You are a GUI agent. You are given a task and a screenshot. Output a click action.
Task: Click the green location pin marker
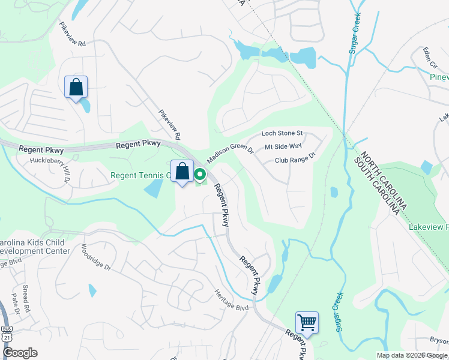pyautogui.click(x=199, y=175)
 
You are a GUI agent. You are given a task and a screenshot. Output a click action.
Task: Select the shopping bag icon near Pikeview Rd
pyautogui.click(x=76, y=88)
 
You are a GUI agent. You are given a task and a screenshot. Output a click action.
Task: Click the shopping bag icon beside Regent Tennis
pyautogui.click(x=182, y=172)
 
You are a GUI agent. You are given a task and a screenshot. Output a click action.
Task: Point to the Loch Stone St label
pyautogui.click(x=282, y=133)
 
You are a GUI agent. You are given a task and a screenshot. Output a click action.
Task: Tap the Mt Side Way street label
pyautogui.click(x=283, y=146)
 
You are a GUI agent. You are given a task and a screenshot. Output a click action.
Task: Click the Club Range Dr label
pyautogui.click(x=295, y=160)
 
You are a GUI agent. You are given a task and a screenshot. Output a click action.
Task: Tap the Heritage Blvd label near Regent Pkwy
pyautogui.click(x=231, y=300)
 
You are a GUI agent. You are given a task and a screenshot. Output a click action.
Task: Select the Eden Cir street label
pyautogui.click(x=429, y=56)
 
